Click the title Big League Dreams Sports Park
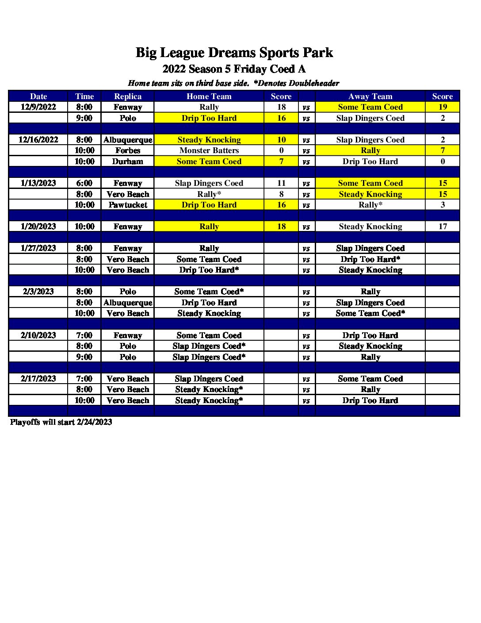(234, 53)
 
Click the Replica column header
(128, 96)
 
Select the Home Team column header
(209, 96)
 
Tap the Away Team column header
(370, 96)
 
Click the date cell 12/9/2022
(38, 107)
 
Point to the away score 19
(443, 107)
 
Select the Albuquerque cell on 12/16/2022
(128, 140)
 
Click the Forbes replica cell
(128, 150)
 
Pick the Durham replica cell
(128, 162)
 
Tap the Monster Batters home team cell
(209, 150)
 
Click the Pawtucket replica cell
(128, 205)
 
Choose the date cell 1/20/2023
(38, 227)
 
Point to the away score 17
(443, 227)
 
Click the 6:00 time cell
(84, 183)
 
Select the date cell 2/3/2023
(38, 292)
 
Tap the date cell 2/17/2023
(38, 379)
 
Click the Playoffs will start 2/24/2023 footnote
(61, 422)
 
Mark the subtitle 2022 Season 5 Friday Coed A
(234, 69)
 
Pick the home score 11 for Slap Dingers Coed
(281, 183)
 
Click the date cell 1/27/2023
(38, 248)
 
